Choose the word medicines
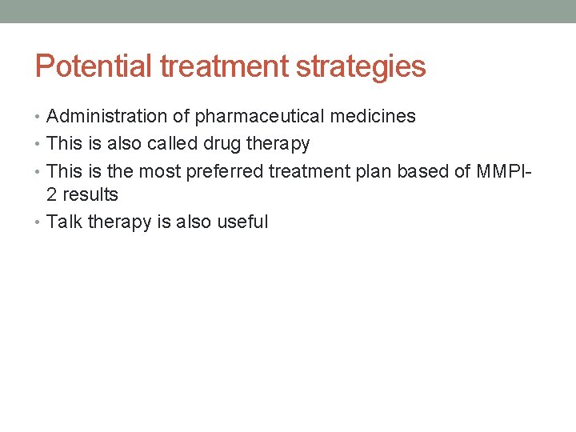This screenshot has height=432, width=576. (373, 117)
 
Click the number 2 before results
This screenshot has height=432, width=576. (52, 195)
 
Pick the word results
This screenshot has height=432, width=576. (90, 195)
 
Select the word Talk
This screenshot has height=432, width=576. (65, 222)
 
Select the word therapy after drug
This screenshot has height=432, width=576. (279, 145)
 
